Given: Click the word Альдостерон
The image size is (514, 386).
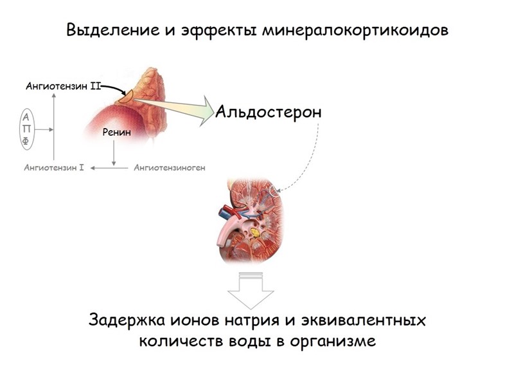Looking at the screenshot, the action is coord(268,112).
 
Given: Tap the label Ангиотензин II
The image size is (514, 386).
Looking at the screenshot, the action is coord(63,86).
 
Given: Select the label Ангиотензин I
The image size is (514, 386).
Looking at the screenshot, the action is coord(54,168).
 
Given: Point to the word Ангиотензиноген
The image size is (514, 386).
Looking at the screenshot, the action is coord(170,168).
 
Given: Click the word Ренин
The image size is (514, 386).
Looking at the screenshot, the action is coord(116,133).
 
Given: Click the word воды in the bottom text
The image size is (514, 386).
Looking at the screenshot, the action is coord(247,341).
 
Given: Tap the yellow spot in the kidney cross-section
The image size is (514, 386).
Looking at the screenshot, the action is coord(256,230).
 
